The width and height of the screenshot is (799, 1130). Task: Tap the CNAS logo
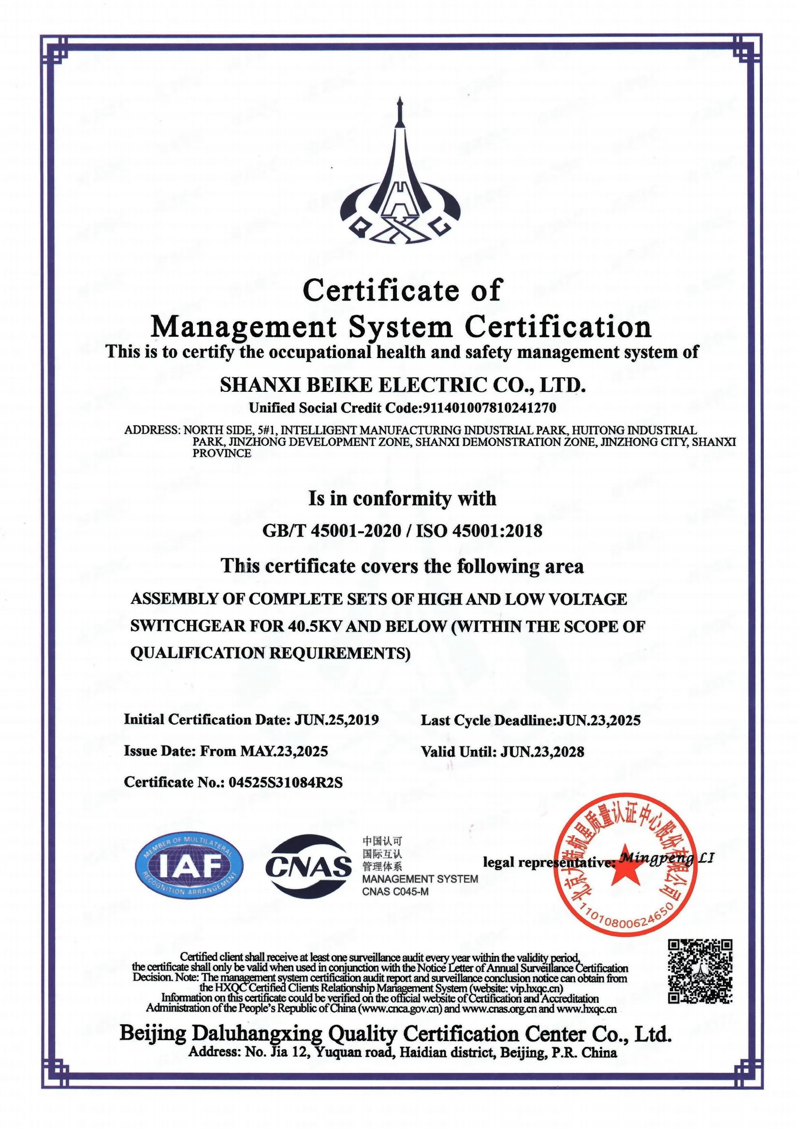tap(309, 867)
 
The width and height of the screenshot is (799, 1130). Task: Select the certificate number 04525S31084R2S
tap(286, 782)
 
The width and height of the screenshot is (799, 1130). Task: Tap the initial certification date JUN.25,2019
tap(337, 720)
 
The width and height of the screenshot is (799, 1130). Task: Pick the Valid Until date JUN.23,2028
tap(542, 752)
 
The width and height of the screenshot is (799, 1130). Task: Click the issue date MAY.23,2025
tap(284, 751)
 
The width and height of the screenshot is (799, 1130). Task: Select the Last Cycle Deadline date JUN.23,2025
tap(598, 720)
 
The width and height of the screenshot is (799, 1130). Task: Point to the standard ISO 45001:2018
tap(479, 530)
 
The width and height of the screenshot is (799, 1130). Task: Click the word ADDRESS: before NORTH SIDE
tap(152, 429)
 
